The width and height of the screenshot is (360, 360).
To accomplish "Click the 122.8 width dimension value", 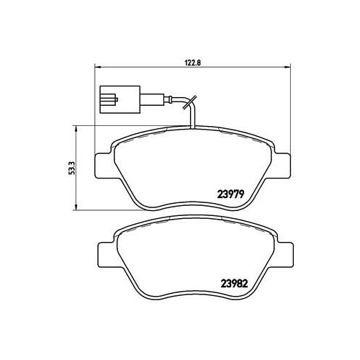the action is pyautogui.click(x=192, y=63).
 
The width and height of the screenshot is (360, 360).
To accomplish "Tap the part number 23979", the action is pyautogui.click(x=230, y=194).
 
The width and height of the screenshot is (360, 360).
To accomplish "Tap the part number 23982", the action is pyautogui.click(x=234, y=284).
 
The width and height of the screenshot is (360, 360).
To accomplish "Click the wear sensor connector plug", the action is pyautogui.click(x=120, y=99).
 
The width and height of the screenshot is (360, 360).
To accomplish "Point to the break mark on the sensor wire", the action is pyautogui.click(x=189, y=102).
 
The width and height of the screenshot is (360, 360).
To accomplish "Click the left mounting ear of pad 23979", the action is pyautogui.click(x=104, y=166).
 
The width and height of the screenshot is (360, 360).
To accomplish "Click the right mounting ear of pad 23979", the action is pyautogui.click(x=283, y=166).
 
